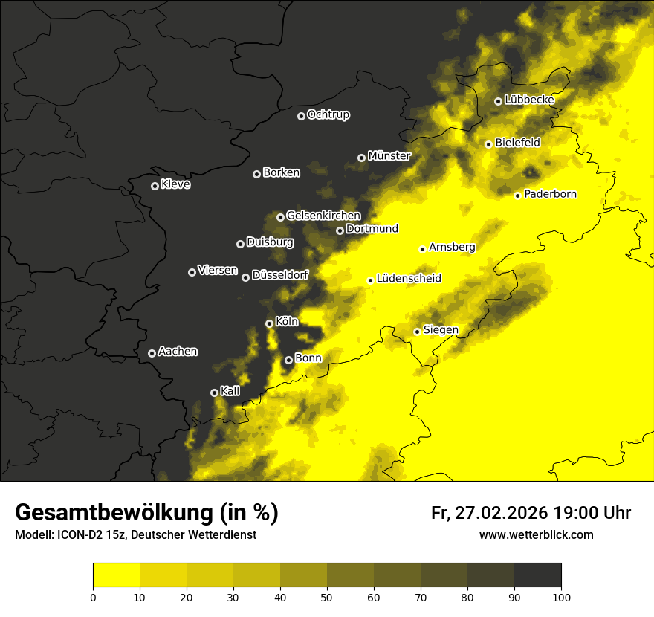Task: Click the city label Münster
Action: click(389, 156)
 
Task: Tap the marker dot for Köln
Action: click(269, 323)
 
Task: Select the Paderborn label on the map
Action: click(550, 194)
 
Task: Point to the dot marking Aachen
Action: click(152, 353)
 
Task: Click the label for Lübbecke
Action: click(529, 100)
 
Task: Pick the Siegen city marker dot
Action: click(417, 332)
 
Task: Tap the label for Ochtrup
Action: click(328, 114)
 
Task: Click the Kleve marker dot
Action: click(155, 186)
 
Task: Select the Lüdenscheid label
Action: click(409, 279)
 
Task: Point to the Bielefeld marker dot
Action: click(488, 144)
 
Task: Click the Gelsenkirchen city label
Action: click(323, 216)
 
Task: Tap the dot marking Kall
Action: click(214, 393)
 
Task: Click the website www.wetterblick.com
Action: click(536, 535)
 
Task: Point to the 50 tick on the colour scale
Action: click(327, 596)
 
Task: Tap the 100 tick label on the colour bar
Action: click(561, 596)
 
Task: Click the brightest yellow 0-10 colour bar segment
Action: click(116, 575)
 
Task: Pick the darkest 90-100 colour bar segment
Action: click(537, 575)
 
